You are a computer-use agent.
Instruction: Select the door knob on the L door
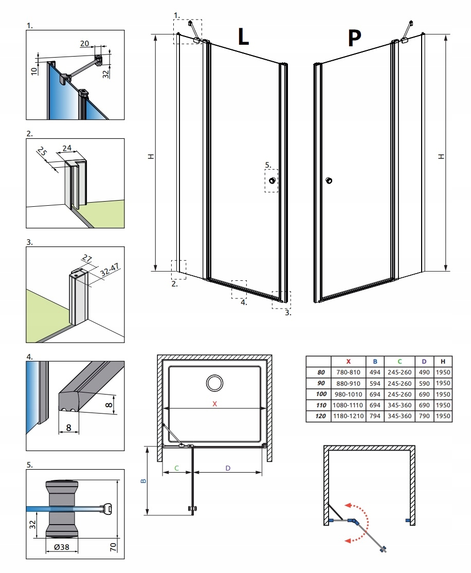271,181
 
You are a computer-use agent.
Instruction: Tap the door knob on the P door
329,181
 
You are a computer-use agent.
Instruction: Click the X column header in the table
349,361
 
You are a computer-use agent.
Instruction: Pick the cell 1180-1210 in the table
349,416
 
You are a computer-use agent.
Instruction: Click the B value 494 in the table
375,372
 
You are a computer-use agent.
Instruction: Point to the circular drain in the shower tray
214,383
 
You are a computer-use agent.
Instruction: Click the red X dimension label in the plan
215,404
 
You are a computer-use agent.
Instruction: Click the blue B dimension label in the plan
144,481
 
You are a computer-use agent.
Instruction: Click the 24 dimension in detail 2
66,148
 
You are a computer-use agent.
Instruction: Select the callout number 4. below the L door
244,302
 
